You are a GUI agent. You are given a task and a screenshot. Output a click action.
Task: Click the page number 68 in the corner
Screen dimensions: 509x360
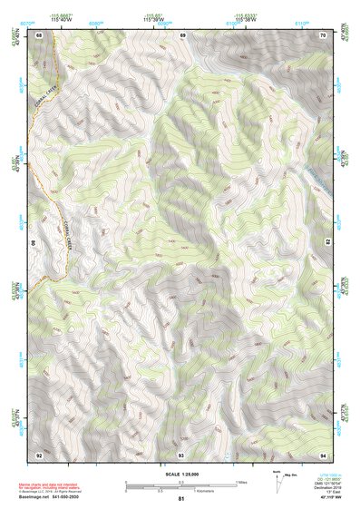pyautogui.click(x=39, y=34)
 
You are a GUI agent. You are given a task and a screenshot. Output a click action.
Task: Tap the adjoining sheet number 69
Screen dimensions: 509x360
pyautogui.click(x=182, y=34)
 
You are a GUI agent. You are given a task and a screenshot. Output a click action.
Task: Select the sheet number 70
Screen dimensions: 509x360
pyautogui.click(x=324, y=34)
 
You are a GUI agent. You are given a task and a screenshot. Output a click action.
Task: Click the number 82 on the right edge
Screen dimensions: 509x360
pyautogui.click(x=327, y=243)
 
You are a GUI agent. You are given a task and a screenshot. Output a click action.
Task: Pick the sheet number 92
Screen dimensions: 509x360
pyautogui.click(x=39, y=454)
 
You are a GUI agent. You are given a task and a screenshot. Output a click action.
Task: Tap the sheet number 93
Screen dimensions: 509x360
pyautogui.click(x=180, y=454)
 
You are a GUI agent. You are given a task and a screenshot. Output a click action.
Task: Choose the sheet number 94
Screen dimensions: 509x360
pyautogui.click(x=324, y=454)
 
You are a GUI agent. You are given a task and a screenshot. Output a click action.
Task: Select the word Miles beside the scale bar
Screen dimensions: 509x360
pyautogui.click(x=241, y=482)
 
